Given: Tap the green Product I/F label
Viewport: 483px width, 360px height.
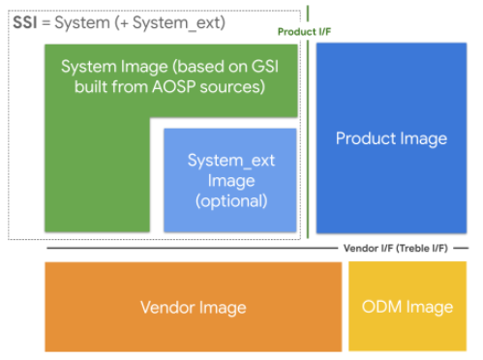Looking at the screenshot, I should pos(303,32).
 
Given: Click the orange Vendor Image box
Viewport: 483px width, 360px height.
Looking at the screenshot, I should pos(193,307).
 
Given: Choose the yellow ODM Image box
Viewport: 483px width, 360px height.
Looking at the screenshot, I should pos(407,307).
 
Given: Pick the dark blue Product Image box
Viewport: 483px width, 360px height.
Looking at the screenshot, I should pos(391,138).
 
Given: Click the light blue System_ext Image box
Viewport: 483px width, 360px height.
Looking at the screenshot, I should pos(229,180).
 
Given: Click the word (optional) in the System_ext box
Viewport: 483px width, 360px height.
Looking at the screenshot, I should pos(230,200).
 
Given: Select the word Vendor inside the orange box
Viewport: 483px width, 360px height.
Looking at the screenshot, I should pos(166,308).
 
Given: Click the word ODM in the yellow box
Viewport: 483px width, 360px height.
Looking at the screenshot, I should pos(381,307).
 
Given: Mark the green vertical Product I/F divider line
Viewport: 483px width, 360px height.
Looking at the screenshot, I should pos(308,145).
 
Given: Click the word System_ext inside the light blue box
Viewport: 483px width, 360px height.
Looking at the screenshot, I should pos(230,160).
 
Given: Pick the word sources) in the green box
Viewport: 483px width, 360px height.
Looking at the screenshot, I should pos(235,86).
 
